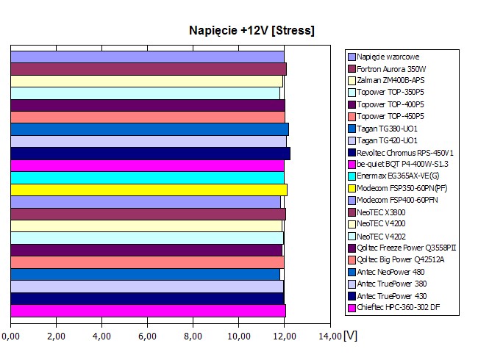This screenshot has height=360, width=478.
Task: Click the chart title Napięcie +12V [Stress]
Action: pyautogui.click(x=252, y=30)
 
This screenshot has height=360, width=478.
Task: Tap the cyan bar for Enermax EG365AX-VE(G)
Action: pyautogui.click(x=147, y=177)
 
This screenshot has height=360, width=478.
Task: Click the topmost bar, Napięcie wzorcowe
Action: pyautogui.click(x=147, y=57)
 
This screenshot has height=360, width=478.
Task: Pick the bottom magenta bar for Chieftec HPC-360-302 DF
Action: pyautogui.click(x=148, y=311)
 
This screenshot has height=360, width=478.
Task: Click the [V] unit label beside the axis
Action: pyautogui.click(x=350, y=335)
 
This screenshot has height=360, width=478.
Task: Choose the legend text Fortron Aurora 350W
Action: pyautogui.click(x=393, y=68)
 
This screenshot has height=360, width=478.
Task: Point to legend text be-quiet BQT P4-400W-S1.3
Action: pyautogui.click(x=403, y=164)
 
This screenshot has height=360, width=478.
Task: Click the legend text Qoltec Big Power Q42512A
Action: pyautogui.click(x=401, y=259)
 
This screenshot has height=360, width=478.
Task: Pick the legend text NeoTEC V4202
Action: pyautogui.click(x=384, y=235)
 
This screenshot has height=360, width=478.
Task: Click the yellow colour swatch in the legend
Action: pyautogui.click(x=352, y=187)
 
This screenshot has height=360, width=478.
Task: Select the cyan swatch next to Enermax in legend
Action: pyautogui.click(x=352, y=176)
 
